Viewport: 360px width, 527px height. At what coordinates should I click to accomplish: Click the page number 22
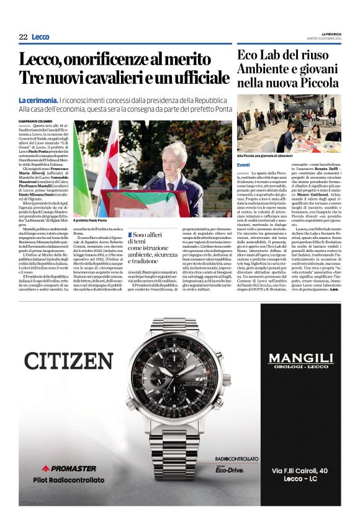(x=23, y=37)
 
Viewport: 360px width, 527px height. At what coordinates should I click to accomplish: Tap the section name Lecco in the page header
(x=40, y=37)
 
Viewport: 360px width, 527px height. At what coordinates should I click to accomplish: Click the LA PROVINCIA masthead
(x=331, y=34)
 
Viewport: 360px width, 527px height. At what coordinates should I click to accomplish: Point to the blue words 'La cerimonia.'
(x=38, y=100)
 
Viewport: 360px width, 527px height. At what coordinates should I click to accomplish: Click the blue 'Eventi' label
(x=243, y=164)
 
